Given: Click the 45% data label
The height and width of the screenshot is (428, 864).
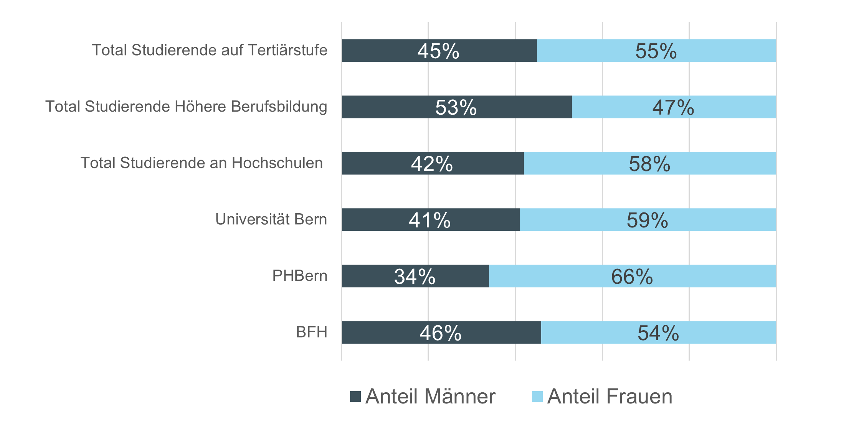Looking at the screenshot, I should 438,51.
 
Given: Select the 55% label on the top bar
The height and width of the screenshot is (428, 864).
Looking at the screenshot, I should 656,51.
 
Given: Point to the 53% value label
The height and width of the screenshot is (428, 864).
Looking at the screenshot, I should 456,107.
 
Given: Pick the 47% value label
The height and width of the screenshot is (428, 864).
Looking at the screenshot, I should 673,107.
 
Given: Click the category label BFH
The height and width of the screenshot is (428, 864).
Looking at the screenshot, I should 312,332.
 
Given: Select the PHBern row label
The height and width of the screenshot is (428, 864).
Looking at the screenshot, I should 300,276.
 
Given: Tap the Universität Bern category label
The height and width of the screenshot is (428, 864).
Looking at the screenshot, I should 271,219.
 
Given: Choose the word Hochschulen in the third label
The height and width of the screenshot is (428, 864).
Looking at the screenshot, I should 277,163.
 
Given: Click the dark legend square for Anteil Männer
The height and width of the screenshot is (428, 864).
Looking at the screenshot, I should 355,397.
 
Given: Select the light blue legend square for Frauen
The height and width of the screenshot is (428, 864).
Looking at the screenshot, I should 537,397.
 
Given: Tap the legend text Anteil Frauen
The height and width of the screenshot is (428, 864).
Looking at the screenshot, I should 610,397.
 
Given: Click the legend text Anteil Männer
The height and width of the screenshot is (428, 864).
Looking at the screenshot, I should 430,397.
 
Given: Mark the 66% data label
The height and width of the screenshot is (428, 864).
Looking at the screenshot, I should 632,277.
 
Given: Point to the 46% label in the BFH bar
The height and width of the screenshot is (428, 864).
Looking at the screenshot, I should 440,333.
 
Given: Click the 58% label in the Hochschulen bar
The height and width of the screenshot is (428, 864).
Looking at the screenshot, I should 649,164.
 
